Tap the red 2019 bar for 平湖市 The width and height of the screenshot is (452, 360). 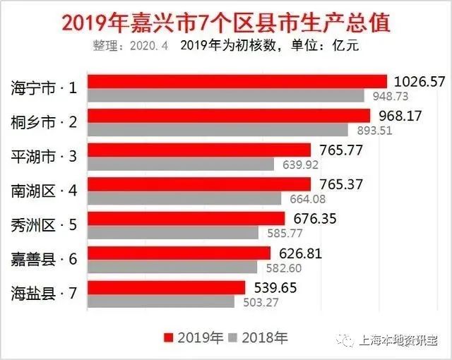point(201,150)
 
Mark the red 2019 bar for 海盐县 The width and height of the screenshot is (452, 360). point(169,287)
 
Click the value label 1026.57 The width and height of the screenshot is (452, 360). point(420,81)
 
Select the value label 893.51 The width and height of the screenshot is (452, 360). point(371,130)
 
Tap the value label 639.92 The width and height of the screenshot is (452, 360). point(298,164)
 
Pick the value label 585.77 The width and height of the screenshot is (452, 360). point(282,232)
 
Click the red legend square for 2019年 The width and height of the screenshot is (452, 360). point(168,337)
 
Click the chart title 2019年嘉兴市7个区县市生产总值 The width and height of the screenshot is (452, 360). point(226,22)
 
